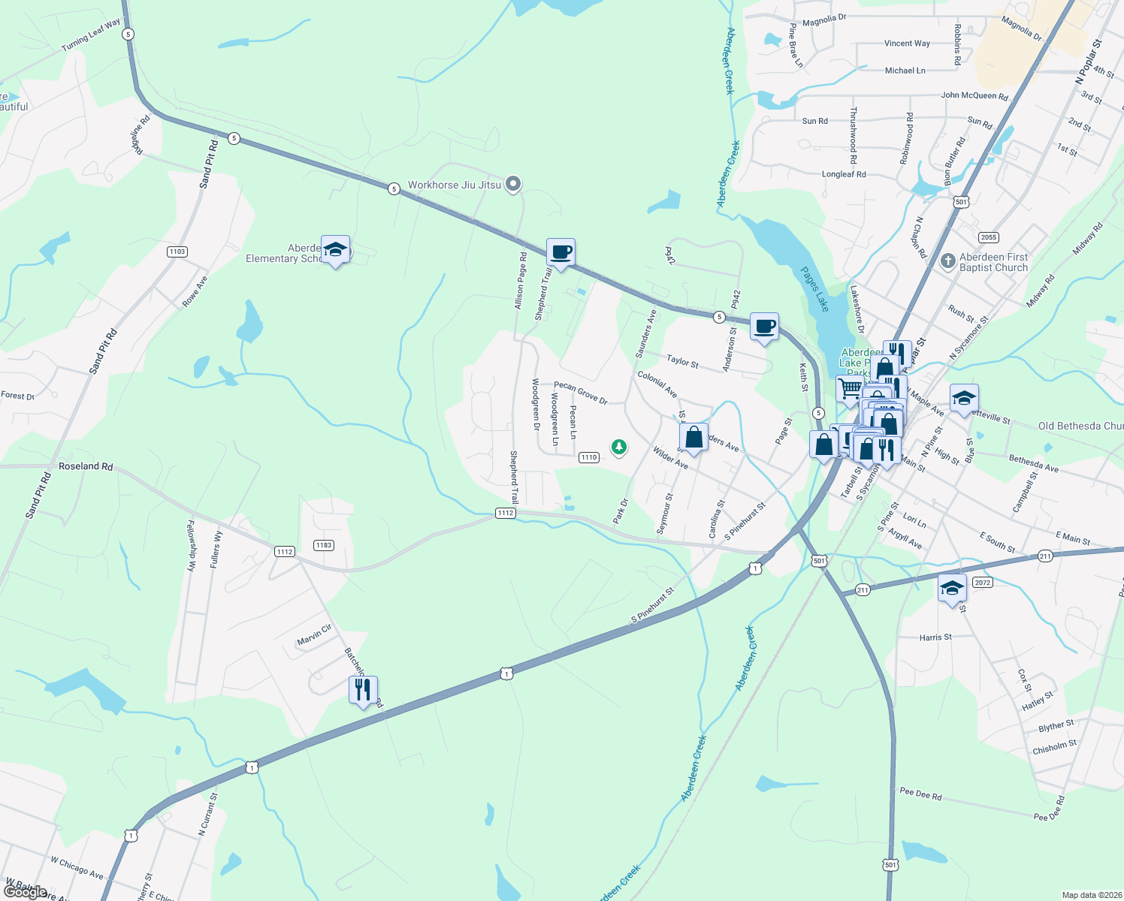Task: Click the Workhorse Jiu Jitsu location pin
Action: point(513,183)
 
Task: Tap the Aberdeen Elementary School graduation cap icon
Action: point(335,251)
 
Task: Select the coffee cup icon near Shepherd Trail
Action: point(560,252)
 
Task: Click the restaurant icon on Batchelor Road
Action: point(363,689)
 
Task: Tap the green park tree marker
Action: point(618,447)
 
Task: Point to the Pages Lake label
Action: point(814,289)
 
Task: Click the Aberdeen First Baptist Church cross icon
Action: point(948,261)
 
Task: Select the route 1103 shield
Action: point(177,252)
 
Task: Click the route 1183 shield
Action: point(324,545)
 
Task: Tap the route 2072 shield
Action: point(982,583)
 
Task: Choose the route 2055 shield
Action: point(988,237)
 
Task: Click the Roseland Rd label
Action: point(86,466)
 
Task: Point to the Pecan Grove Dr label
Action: point(580,392)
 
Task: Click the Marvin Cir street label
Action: point(314,635)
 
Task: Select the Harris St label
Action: point(935,637)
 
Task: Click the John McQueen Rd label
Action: point(974,95)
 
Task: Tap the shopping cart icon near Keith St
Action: point(849,388)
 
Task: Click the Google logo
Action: point(26,891)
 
